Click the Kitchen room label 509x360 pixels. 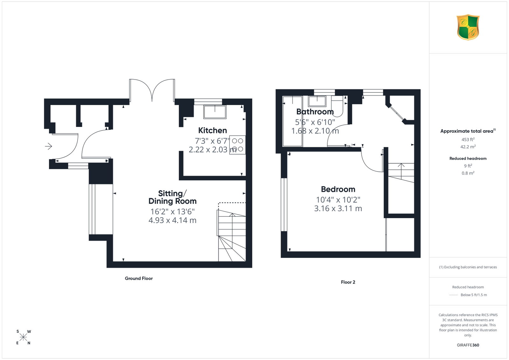click(213, 130)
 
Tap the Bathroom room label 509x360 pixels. click(315, 112)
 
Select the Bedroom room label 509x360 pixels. click(338, 189)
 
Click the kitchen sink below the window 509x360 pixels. click(215, 112)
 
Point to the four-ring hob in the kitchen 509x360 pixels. click(237, 145)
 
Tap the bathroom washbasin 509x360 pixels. click(317, 101)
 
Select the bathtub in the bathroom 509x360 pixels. click(292, 121)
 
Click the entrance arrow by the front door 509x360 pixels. click(48, 146)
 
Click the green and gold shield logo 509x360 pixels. click(468, 27)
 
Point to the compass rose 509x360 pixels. click(24, 337)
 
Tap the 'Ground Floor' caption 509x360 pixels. click(139, 278)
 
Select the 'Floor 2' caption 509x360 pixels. click(348, 282)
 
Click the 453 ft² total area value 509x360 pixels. click(468, 140)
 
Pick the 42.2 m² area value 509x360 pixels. click(468, 147)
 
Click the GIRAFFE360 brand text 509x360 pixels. click(468, 345)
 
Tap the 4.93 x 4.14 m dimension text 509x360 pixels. click(172, 220)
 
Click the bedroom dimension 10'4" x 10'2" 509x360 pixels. click(338, 200)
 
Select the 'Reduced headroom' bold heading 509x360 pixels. click(468, 158)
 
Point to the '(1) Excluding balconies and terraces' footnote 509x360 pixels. click(468, 267)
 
